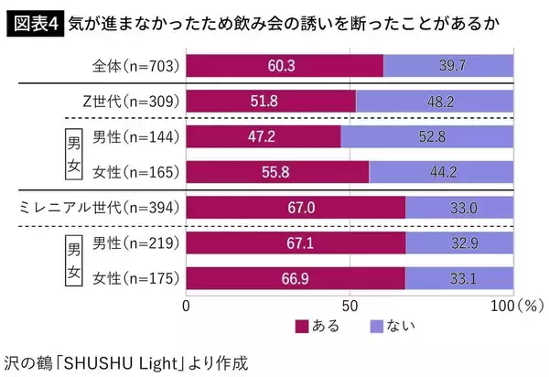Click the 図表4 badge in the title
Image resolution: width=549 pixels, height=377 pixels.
coord(33,22)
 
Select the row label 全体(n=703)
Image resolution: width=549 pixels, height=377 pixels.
coord(135,65)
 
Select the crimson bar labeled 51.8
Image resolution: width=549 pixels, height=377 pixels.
coord(271,101)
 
